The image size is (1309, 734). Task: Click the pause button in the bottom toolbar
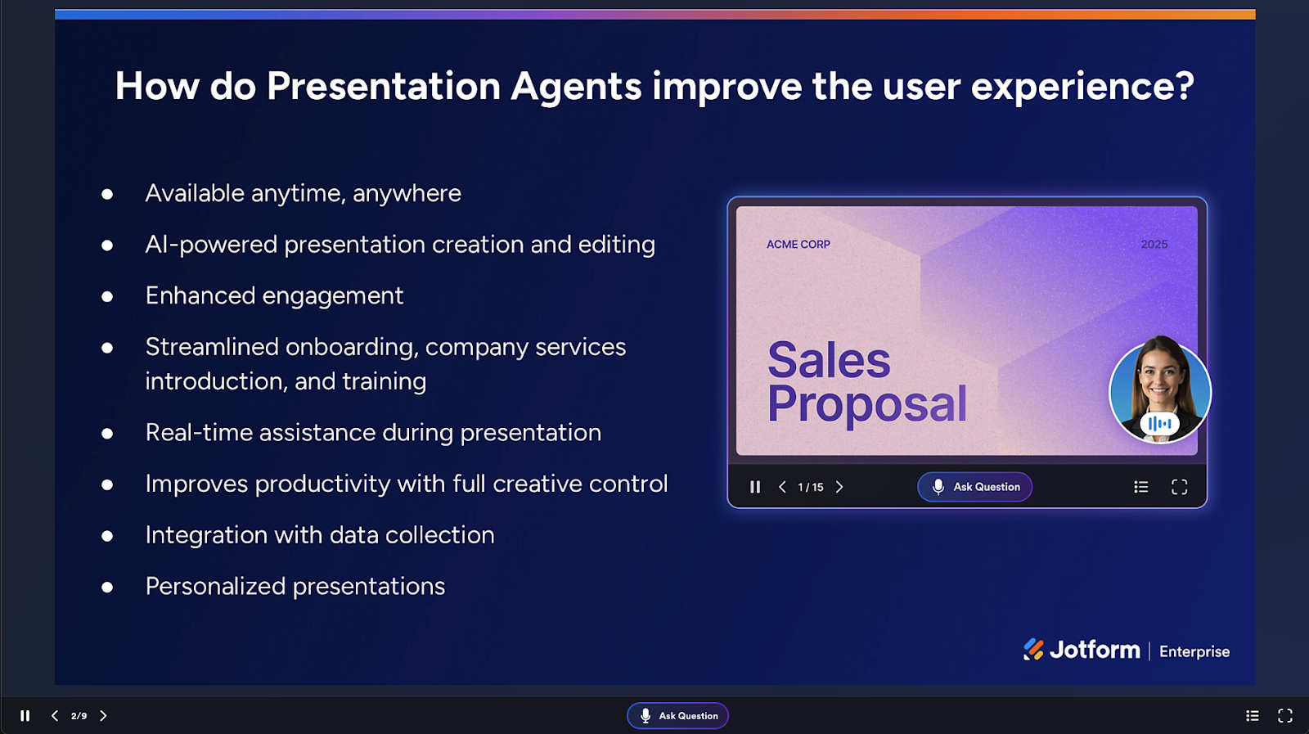coord(25,716)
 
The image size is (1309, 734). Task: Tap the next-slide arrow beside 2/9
coord(103,716)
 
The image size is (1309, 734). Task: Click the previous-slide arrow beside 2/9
coord(55,716)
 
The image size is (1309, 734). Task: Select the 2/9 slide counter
coord(79,716)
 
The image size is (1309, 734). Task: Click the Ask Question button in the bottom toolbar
coord(678,716)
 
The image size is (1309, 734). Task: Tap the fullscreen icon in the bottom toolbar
coord(1285,716)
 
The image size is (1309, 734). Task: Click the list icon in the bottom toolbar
coord(1253,716)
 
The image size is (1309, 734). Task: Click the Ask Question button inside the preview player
coord(974,487)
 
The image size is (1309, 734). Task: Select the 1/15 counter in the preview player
coord(811,488)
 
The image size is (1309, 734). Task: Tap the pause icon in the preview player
coord(755,488)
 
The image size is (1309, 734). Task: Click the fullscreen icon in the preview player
coord(1179,488)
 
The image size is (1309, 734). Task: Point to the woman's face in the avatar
coord(1160,379)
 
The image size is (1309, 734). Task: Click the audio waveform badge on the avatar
coord(1160,424)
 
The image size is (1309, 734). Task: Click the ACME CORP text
coord(798,245)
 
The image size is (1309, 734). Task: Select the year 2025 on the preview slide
coord(1154,245)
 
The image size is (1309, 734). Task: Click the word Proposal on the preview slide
coord(867,404)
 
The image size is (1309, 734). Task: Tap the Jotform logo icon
coord(1033,649)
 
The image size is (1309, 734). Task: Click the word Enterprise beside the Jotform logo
coord(1194,651)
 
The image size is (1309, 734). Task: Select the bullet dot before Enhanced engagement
coord(107,297)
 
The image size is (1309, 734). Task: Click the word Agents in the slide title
coord(576,87)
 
